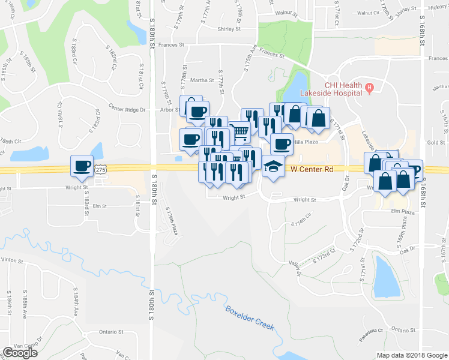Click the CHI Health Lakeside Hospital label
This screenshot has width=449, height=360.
(x=343, y=89)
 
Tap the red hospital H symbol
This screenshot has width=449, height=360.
(x=370, y=88)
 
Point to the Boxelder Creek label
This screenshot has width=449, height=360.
(x=250, y=318)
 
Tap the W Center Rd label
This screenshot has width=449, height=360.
(x=312, y=170)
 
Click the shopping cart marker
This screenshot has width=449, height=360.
(x=240, y=130)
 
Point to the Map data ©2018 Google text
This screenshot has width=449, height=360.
(x=411, y=355)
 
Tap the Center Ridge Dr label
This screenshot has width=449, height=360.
(x=127, y=109)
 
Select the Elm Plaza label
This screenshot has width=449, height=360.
(x=403, y=211)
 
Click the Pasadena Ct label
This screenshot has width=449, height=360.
(x=371, y=332)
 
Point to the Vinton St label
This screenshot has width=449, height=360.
(x=11, y=261)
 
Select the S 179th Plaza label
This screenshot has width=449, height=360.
(x=170, y=220)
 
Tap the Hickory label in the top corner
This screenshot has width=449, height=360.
(x=438, y=7)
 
